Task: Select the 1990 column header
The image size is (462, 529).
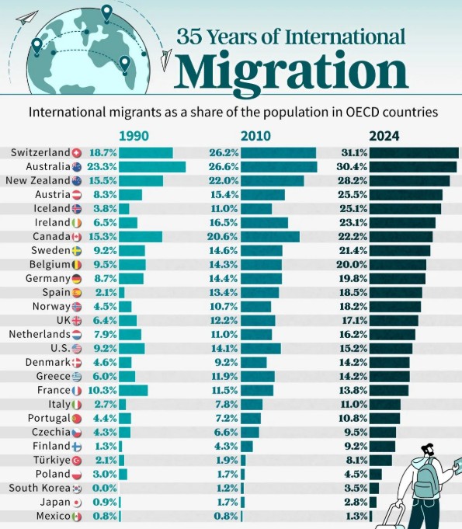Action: pos(133,136)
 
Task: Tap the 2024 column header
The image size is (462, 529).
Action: pos(384,136)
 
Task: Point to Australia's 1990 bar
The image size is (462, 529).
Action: pos(151,167)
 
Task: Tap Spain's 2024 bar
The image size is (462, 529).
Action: pos(395,293)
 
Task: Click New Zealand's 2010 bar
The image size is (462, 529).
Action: pos(272,181)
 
